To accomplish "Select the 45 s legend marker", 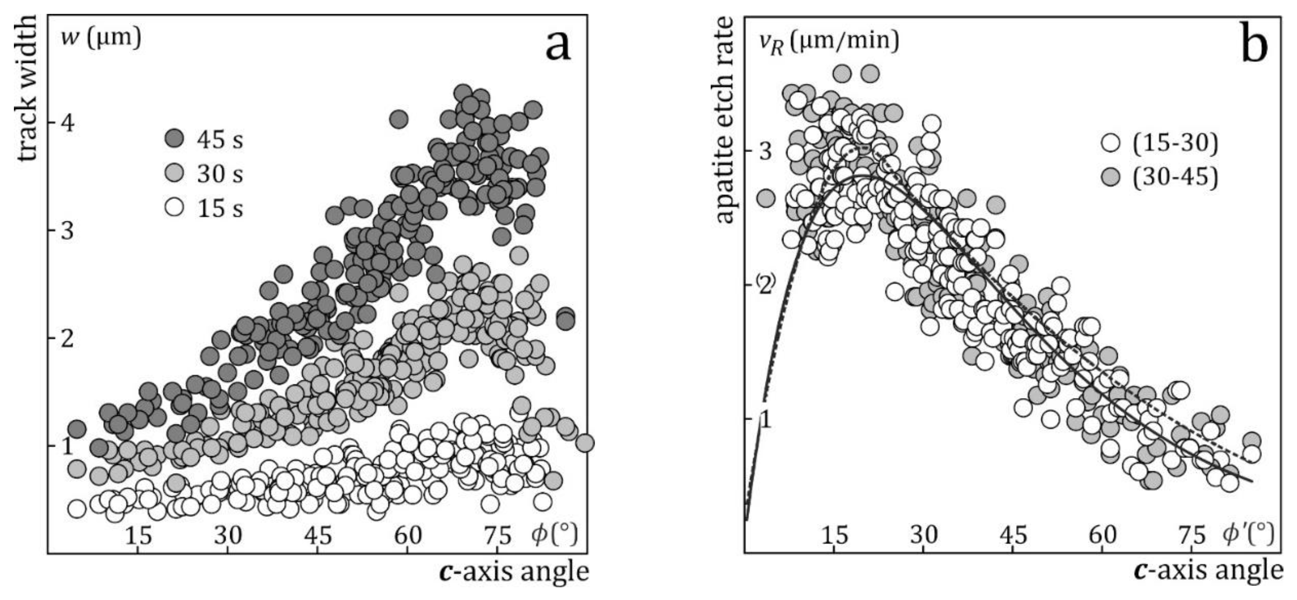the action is coord(175,138).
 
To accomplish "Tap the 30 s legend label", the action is coord(219,173).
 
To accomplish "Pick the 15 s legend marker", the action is coord(175,207).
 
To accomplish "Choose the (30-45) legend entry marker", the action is coord(1110,177).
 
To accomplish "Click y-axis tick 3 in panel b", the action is coord(765,151).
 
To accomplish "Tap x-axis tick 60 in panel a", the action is coord(408,536).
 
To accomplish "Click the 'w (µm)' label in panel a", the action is coord(100,38).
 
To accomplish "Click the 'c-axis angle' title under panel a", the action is coord(513,572).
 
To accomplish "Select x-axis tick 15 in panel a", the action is coord(138,536).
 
